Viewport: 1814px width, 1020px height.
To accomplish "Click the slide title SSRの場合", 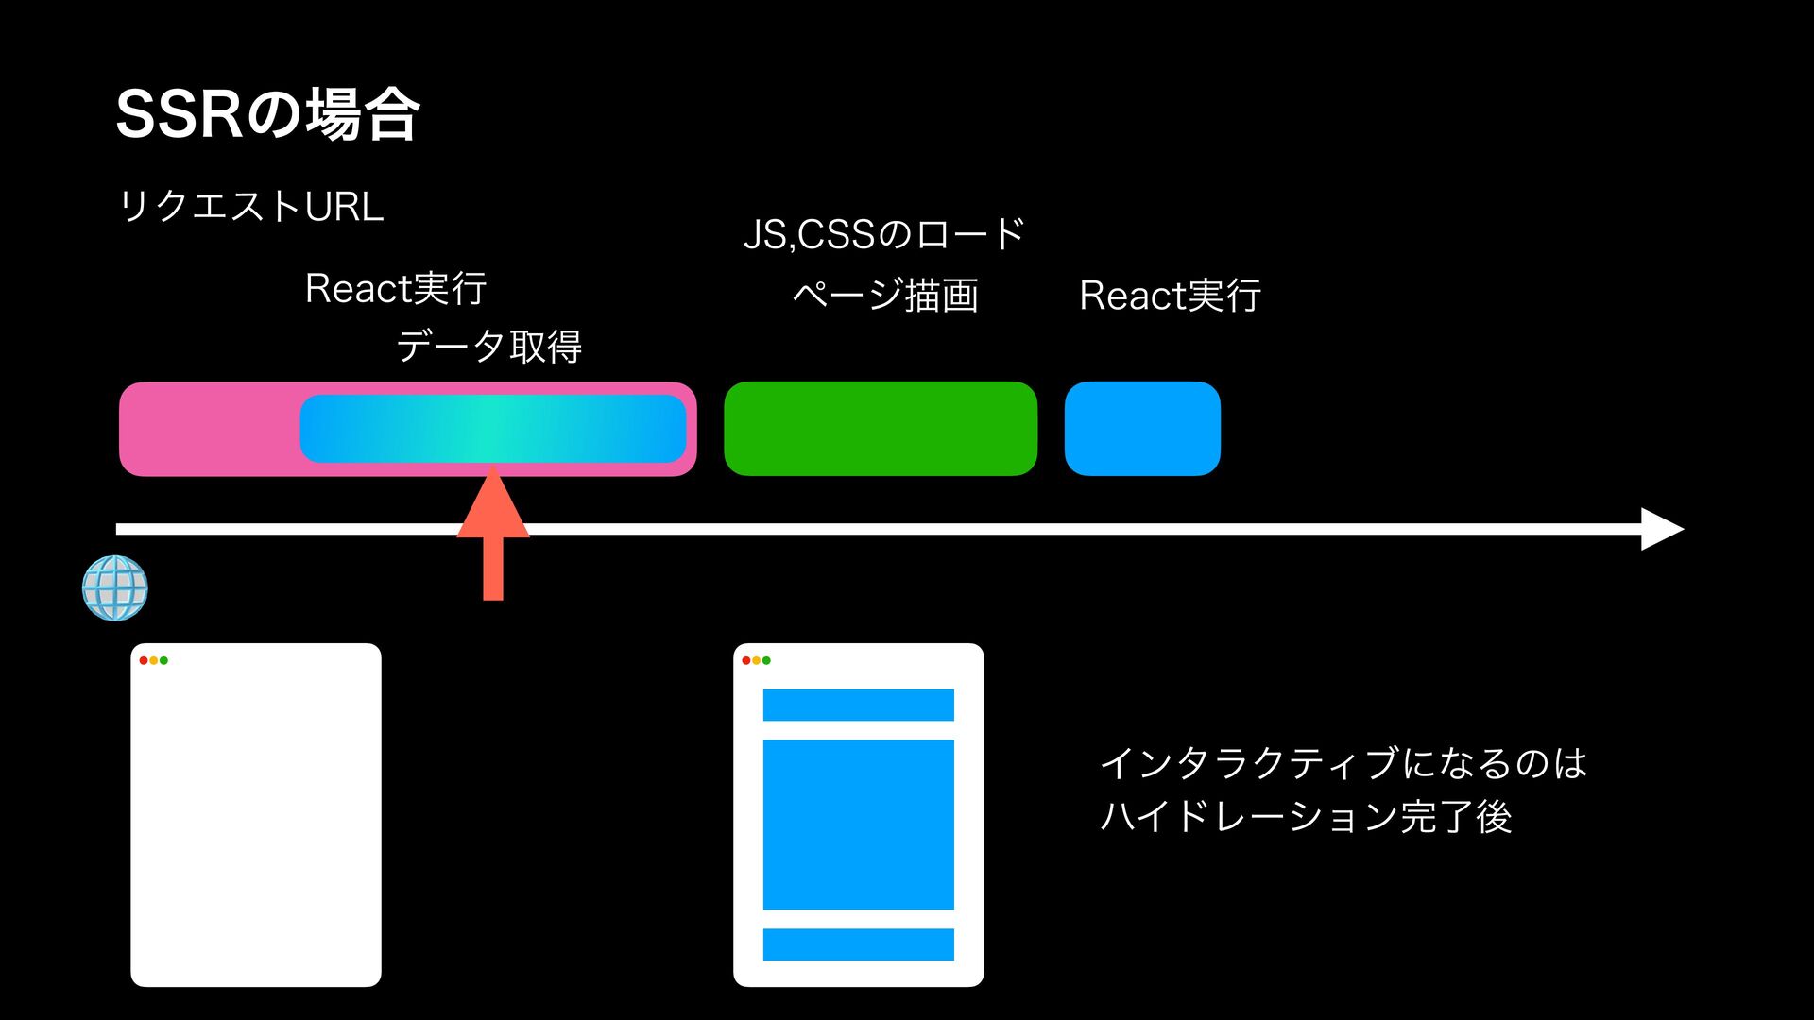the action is (x=267, y=114).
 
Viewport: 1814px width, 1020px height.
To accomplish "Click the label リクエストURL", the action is (x=250, y=206).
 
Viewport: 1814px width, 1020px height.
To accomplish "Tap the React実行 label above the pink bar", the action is (x=395, y=288).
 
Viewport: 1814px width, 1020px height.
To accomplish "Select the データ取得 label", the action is (x=488, y=347).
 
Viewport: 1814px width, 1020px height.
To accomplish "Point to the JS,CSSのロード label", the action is (x=883, y=234).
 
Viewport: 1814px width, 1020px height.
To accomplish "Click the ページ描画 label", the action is (x=884, y=296).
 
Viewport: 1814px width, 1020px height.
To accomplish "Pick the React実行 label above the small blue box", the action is (x=1170, y=296).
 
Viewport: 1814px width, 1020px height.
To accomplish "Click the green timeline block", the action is (x=880, y=429).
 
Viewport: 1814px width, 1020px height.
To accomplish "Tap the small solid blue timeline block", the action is (x=1142, y=429).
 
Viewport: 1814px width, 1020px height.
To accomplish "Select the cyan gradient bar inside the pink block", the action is (x=492, y=429).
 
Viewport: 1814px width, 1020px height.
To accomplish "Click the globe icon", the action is (x=115, y=587).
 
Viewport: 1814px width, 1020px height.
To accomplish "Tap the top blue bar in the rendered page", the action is (x=858, y=705).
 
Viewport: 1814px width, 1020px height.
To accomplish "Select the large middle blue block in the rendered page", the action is (x=858, y=824).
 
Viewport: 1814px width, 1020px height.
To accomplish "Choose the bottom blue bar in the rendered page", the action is (x=858, y=944).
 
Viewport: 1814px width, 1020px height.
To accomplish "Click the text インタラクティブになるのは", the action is (x=1343, y=763).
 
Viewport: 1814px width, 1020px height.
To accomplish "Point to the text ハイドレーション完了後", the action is (x=1306, y=816).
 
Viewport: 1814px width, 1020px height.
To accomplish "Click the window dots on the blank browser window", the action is (x=153, y=660).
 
